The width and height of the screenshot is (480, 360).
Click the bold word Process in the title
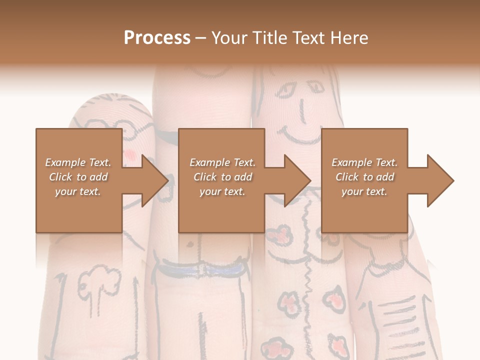pyautogui.click(x=157, y=38)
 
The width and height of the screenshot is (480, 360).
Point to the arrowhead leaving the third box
pyautogui.click(x=439, y=180)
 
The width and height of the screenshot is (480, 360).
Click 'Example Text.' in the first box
pyautogui.click(x=78, y=162)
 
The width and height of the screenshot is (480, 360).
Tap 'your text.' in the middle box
pyautogui.click(x=222, y=191)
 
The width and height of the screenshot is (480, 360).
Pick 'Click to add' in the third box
pyautogui.click(x=365, y=177)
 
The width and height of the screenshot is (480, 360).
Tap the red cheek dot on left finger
pyautogui.click(x=129, y=152)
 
